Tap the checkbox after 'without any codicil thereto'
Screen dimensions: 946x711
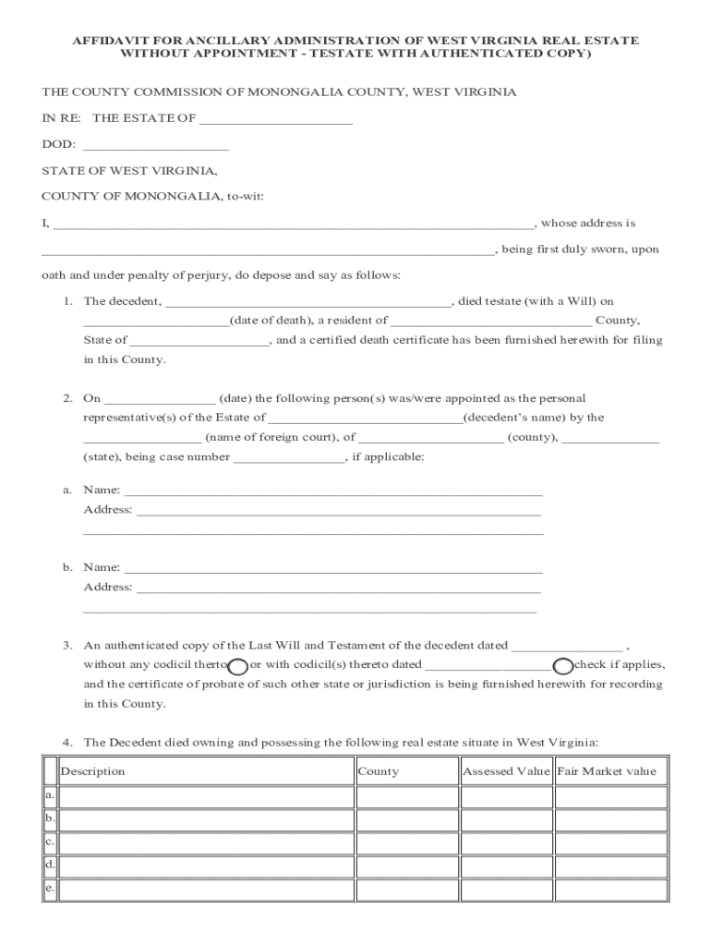tap(237, 666)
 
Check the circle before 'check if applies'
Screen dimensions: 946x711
tap(562, 666)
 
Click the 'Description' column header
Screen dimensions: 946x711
tap(92, 771)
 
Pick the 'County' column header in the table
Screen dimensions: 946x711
tap(378, 771)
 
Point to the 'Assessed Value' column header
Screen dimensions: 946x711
tap(506, 771)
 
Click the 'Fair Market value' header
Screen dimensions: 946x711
tap(607, 771)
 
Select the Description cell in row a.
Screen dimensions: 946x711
tap(206, 796)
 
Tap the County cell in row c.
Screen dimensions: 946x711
tap(406, 843)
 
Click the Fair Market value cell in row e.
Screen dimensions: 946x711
tap(610, 890)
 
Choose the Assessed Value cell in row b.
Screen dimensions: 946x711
tap(506, 819)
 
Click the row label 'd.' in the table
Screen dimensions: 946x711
tap(50, 866)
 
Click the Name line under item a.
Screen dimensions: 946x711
tap(332, 491)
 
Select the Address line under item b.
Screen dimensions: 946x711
tap(338, 588)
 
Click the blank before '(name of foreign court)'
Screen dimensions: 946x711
tap(142, 438)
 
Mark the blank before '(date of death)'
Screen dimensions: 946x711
tap(155, 321)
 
